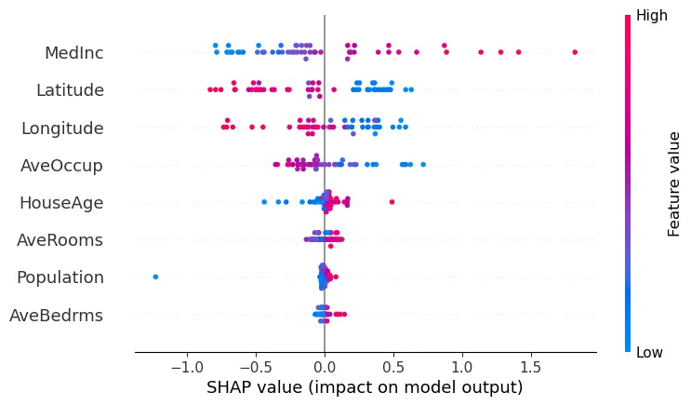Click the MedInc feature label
click(73, 53)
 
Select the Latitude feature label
click(70, 90)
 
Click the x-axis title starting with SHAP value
click(365, 386)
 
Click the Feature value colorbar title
click(675, 183)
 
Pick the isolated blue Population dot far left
click(155, 277)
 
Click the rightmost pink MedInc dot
click(575, 52)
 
